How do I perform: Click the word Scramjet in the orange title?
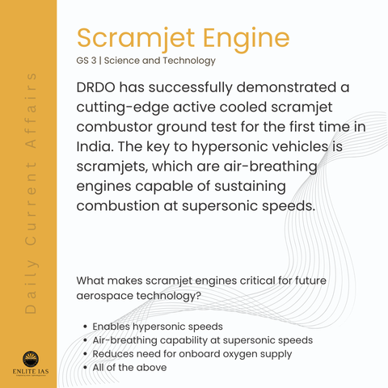(x=136, y=39)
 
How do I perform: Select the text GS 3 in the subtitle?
(x=86, y=61)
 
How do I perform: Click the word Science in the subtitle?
(x=121, y=61)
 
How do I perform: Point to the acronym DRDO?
(x=96, y=87)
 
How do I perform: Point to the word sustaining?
(x=250, y=187)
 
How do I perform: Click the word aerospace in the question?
(x=105, y=296)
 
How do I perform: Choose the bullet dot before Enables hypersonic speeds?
(x=86, y=327)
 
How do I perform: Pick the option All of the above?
(x=129, y=368)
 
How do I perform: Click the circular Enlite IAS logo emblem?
(x=31, y=359)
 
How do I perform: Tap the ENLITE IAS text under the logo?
(x=31, y=372)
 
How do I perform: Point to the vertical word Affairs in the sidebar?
(x=31, y=111)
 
